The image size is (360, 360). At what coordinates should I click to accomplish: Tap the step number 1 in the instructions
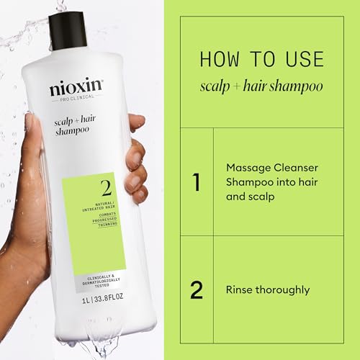(x=197, y=182)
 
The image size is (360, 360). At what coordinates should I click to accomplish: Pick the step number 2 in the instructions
(x=197, y=289)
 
